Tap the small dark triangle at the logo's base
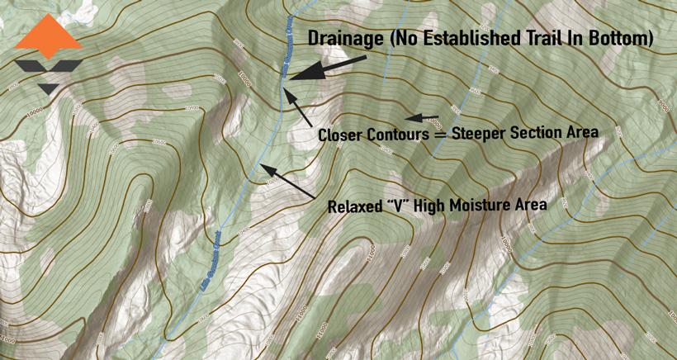(x=48, y=87)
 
